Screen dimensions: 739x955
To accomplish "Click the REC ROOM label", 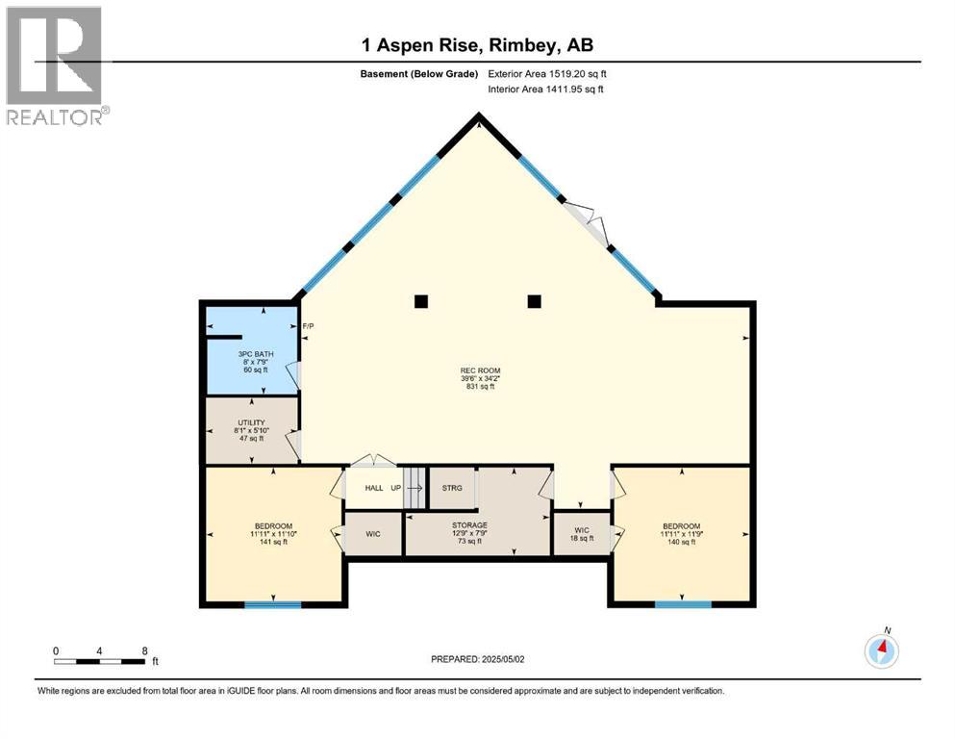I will coord(479,378).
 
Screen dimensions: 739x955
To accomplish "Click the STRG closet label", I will coord(452,488).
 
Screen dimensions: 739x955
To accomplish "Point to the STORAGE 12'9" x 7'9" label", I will coord(470,533).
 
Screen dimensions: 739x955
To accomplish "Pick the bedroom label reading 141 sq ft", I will coord(272,533).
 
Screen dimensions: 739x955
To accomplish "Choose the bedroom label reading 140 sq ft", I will coord(681,534).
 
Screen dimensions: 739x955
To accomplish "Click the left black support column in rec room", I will coord(420,301).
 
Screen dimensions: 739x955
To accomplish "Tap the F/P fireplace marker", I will coord(308,327).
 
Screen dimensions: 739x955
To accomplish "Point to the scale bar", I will coord(100,661).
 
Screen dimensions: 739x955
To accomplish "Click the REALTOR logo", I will coord(55,66).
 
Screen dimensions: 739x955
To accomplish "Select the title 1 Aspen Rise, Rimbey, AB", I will coord(478,46).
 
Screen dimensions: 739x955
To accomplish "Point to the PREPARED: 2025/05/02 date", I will coord(478,659).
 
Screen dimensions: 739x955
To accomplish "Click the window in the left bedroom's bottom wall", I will coord(272,604).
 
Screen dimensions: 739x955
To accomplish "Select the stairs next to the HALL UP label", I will coord(413,488).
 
